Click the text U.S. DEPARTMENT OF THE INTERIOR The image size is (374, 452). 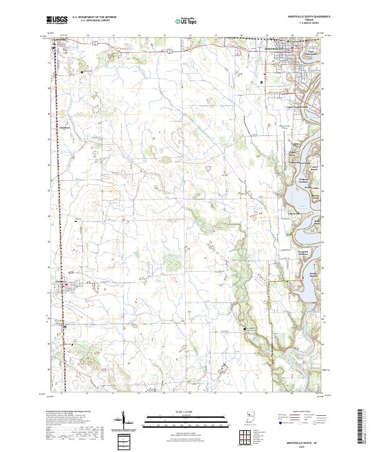[94, 17]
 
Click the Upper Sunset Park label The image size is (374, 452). [300, 107]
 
